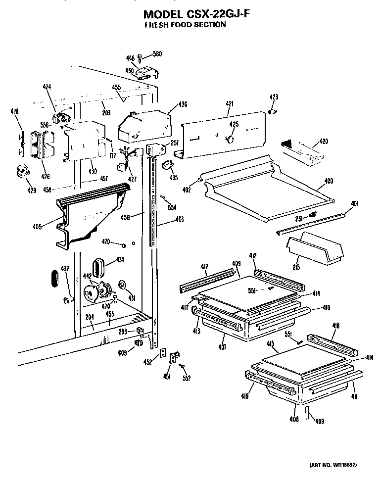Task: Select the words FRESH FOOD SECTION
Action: pos(185,25)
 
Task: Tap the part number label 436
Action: pos(183,104)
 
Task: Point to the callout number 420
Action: pos(323,142)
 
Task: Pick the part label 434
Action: pos(120,260)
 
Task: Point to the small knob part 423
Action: pos(272,112)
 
